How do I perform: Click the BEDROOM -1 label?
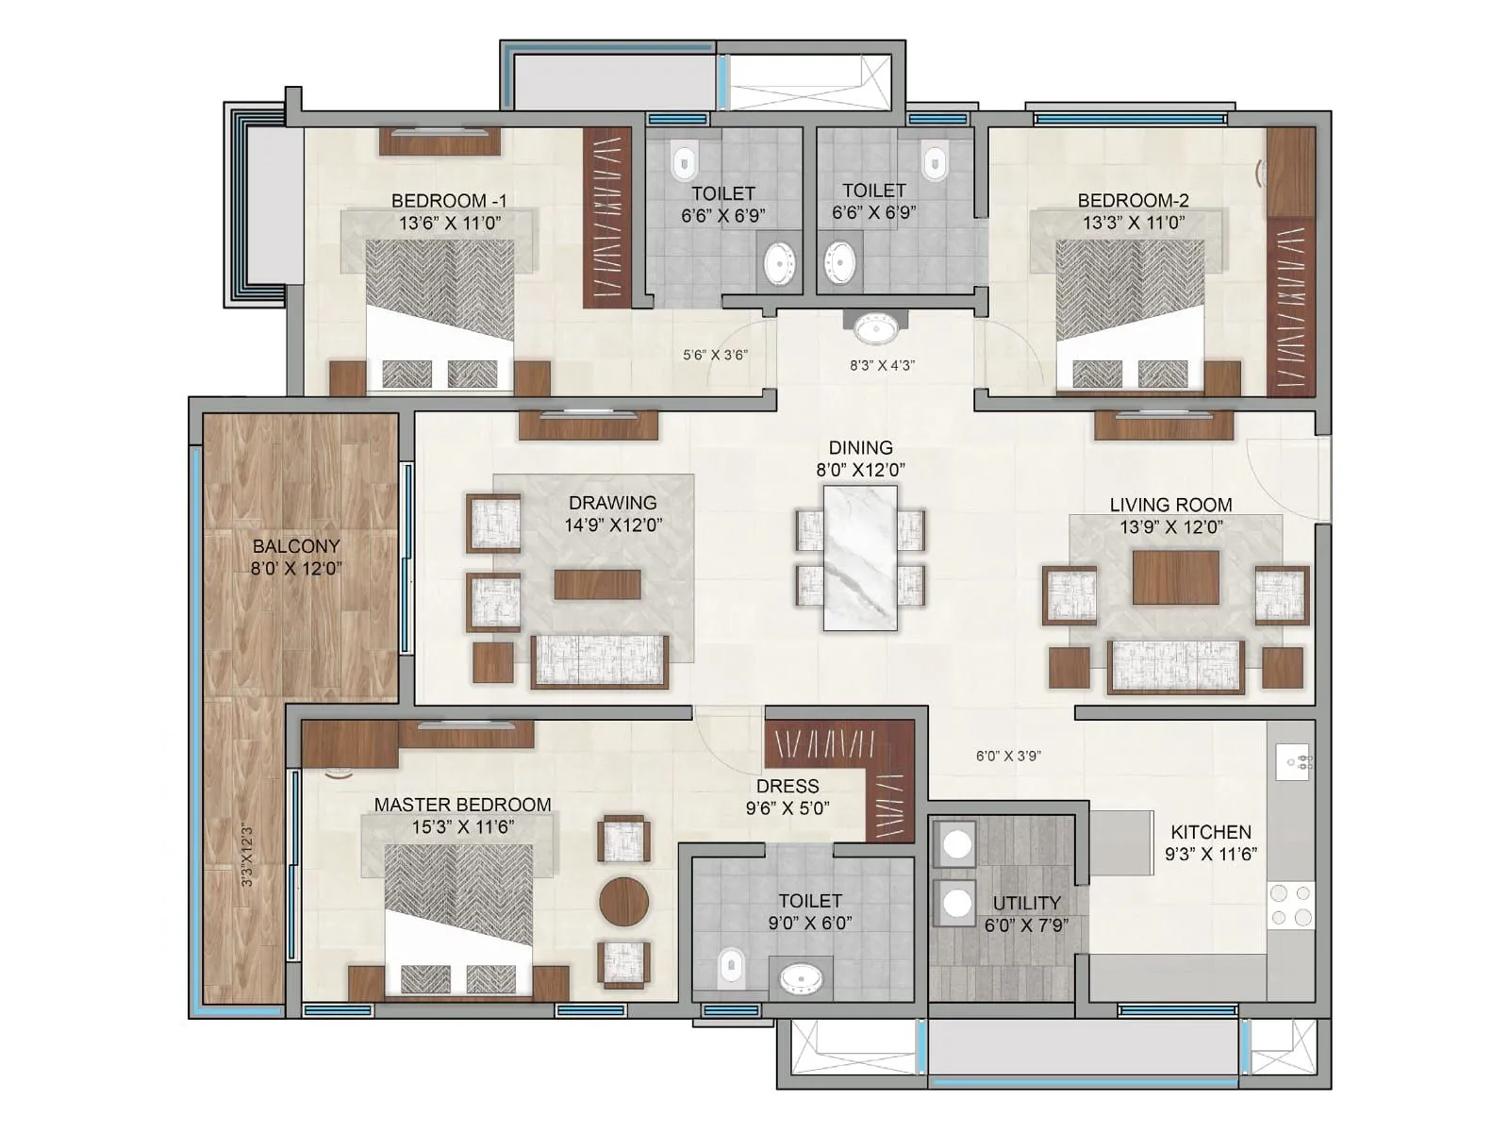pyautogui.click(x=449, y=200)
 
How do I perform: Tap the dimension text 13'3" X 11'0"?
pyautogui.click(x=1134, y=223)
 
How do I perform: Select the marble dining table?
pyautogui.click(x=860, y=558)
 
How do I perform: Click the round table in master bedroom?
pyautogui.click(x=624, y=901)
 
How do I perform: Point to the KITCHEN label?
pyautogui.click(x=1211, y=832)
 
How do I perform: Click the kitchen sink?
pyautogui.click(x=1293, y=761)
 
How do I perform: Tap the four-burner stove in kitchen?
pyautogui.click(x=1291, y=905)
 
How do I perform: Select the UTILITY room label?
pyautogui.click(x=1026, y=903)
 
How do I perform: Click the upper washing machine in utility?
pyautogui.click(x=957, y=843)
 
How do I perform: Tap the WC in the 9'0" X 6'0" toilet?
pyautogui.click(x=731, y=967)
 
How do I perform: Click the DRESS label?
pyautogui.click(x=788, y=786)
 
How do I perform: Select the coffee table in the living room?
pyautogui.click(x=1175, y=577)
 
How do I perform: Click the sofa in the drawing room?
pyautogui.click(x=600, y=660)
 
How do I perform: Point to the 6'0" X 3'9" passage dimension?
pyautogui.click(x=1008, y=756)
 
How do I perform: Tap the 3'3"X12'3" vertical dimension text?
pyautogui.click(x=247, y=856)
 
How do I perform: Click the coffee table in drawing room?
pyautogui.click(x=597, y=584)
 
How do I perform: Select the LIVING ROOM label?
pyautogui.click(x=1170, y=505)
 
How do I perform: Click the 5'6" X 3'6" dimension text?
pyautogui.click(x=715, y=356)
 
